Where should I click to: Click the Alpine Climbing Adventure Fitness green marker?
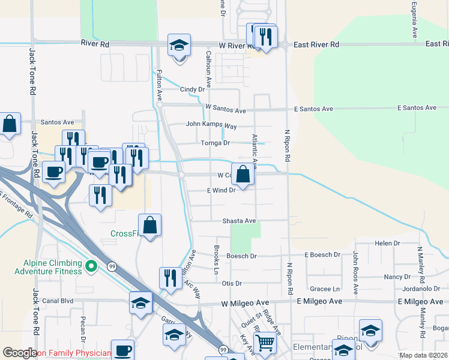point(91,265)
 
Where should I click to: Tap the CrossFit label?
point(125,233)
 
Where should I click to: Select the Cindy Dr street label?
point(192,89)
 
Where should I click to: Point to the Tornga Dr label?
point(215,143)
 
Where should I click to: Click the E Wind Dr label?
point(223,190)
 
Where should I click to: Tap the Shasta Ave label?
point(240,221)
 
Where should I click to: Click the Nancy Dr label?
point(397,277)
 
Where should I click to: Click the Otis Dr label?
point(232,283)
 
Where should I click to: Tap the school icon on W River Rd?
point(178,46)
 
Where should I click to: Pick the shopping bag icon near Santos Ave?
point(10,125)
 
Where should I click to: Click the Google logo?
point(20,353)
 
